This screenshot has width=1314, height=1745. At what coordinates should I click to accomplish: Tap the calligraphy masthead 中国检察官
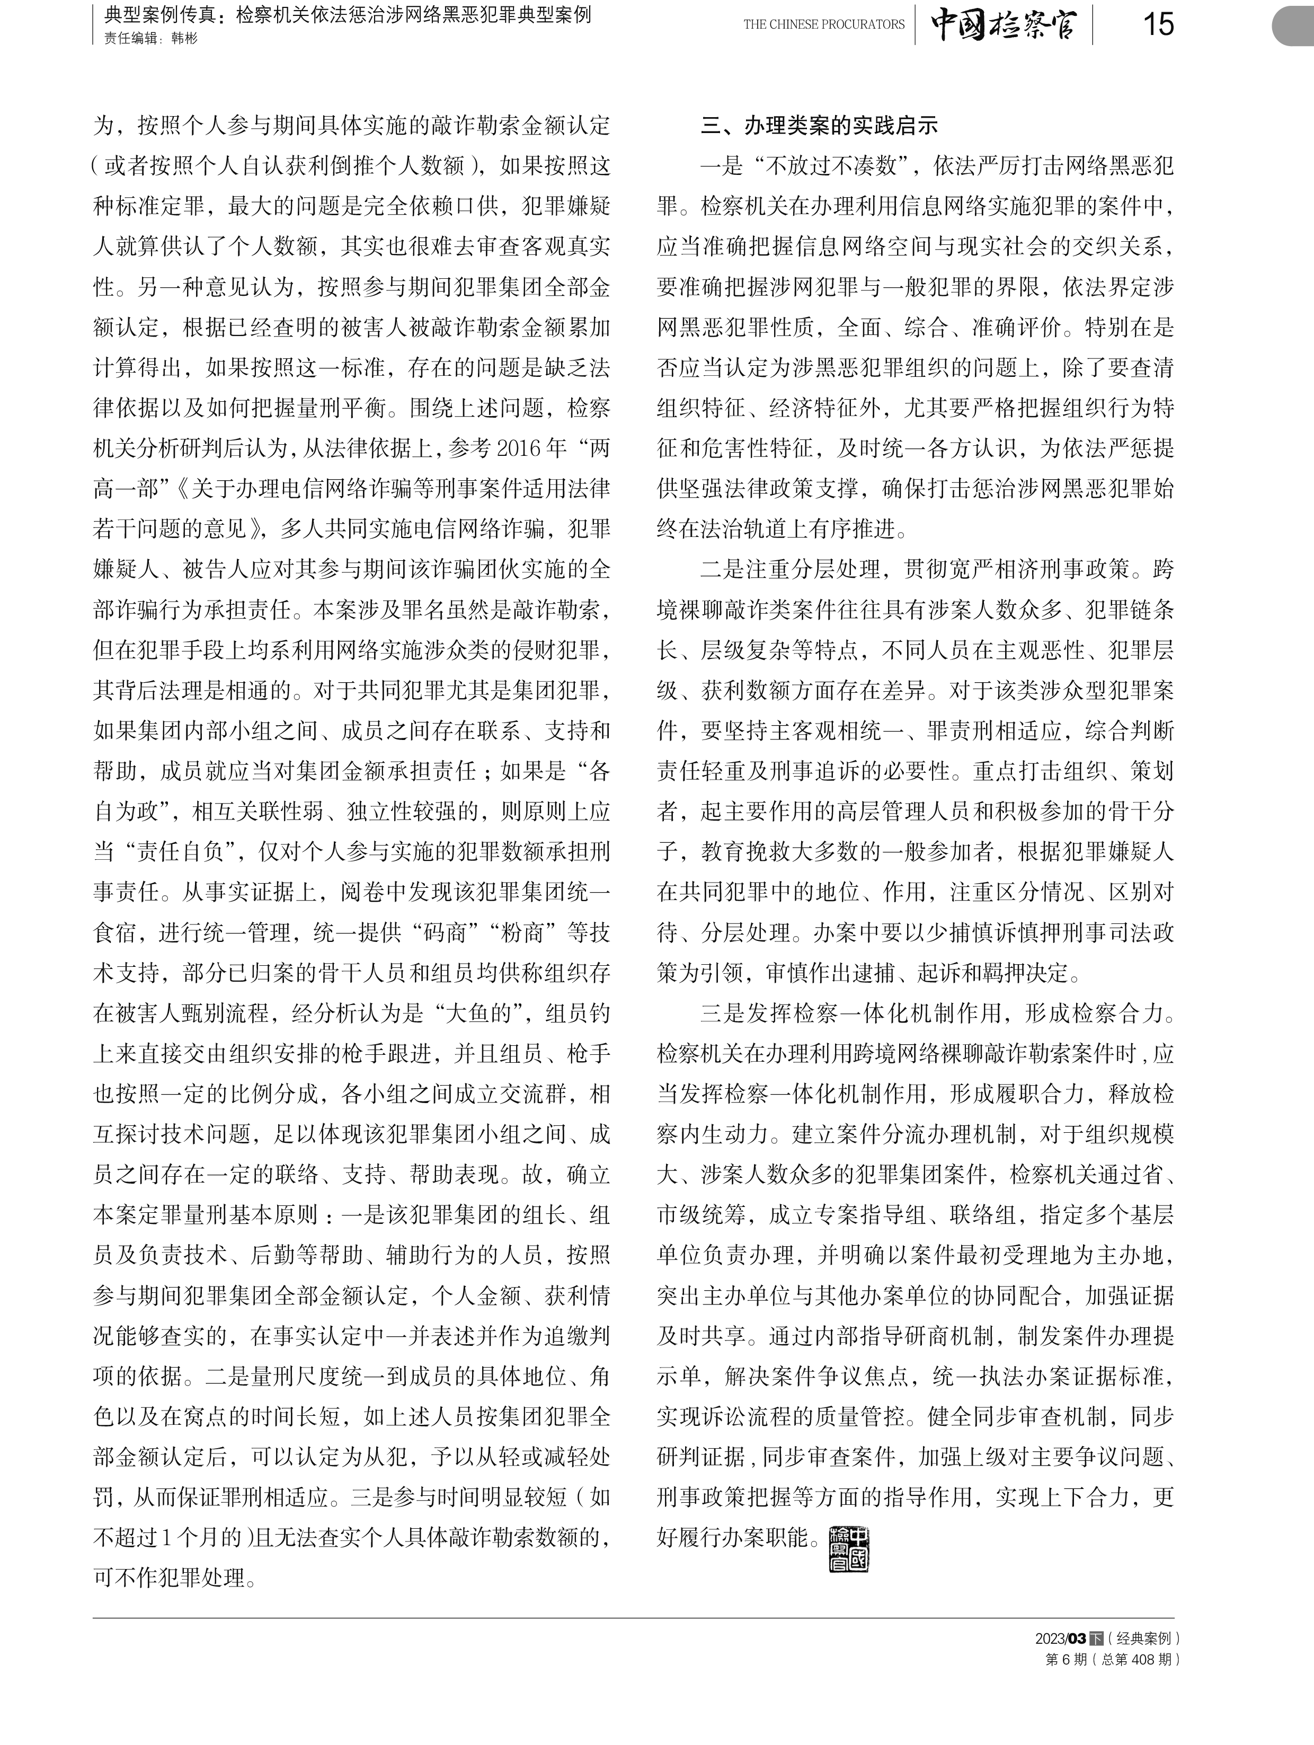click(x=1002, y=24)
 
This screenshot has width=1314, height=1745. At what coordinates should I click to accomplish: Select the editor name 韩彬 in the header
click(x=184, y=38)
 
